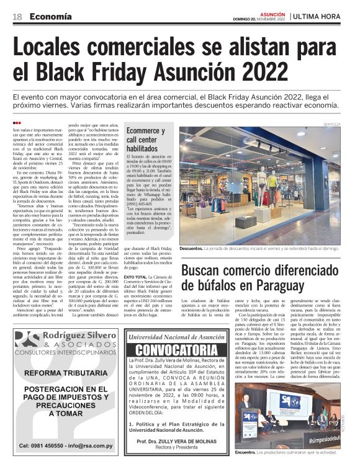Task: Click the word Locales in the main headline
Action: pyautogui.click(x=61, y=48)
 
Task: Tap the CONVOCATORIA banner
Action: pyautogui.click(x=172, y=350)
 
